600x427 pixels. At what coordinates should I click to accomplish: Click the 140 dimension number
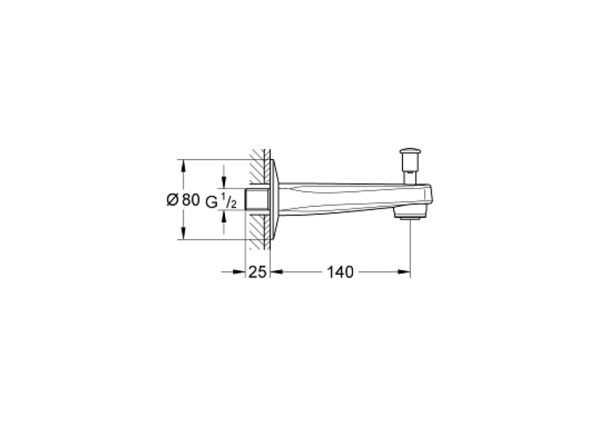[x=340, y=272]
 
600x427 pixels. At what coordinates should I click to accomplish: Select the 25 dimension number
[x=257, y=272]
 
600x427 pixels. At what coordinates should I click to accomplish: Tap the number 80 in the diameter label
[x=191, y=200]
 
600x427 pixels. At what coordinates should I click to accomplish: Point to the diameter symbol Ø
[x=173, y=200]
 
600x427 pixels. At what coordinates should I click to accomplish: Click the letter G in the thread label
[x=212, y=202]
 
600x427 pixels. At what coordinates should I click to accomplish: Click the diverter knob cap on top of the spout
[x=410, y=152]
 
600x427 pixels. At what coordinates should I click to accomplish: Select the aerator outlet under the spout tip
[x=410, y=215]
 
